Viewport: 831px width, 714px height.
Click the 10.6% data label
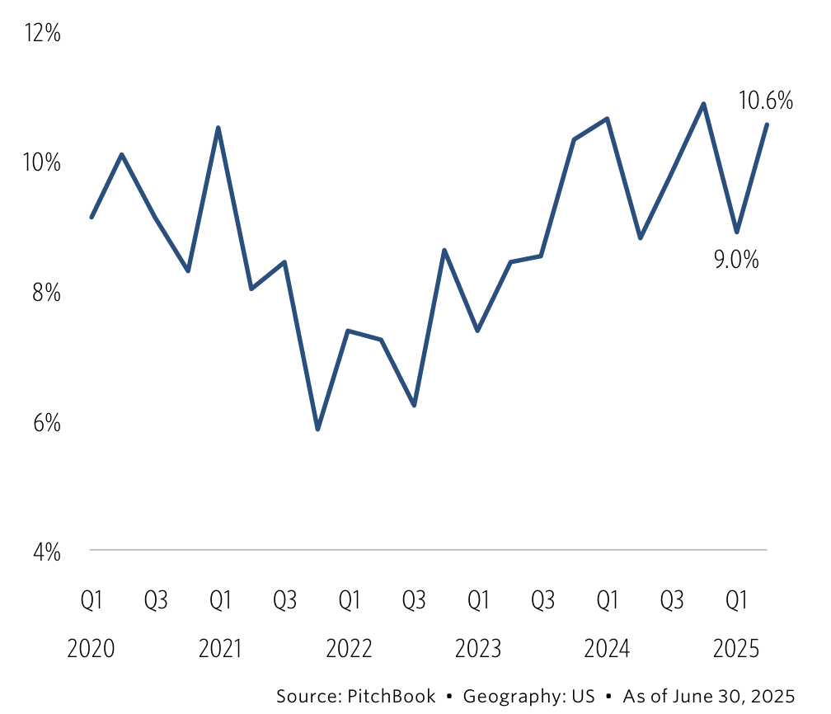coord(766,101)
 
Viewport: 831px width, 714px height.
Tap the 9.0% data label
coord(735,260)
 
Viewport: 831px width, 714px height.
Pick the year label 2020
coord(91,649)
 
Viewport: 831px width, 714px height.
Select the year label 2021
coord(220,649)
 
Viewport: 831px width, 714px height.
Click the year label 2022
coord(350,649)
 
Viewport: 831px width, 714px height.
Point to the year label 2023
coord(478,649)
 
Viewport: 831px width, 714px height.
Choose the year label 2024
coord(608,649)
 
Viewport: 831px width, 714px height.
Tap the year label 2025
coord(736,649)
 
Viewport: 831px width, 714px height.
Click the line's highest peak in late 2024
coord(703,103)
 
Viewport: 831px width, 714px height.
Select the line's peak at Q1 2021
coord(218,127)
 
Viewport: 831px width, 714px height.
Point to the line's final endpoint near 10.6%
coord(768,124)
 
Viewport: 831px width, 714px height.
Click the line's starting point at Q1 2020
coord(91,218)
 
